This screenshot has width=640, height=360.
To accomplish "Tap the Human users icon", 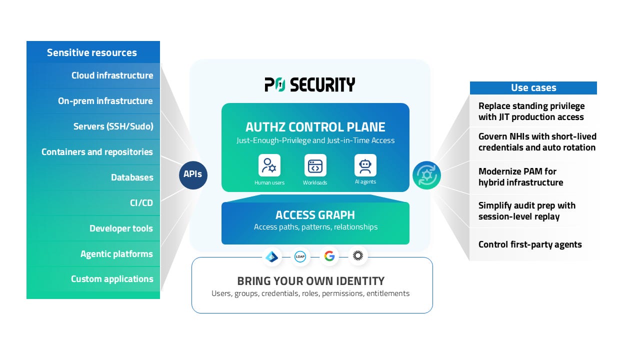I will click(x=269, y=165).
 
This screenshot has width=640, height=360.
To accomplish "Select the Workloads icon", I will click(x=315, y=165).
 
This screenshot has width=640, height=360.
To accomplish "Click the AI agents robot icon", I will click(x=365, y=165).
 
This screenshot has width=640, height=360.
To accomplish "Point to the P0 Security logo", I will click(x=310, y=84).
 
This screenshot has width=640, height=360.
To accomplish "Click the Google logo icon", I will click(x=329, y=256).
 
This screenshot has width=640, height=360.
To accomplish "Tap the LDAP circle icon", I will click(x=300, y=256).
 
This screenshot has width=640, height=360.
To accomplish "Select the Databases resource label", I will click(x=132, y=177).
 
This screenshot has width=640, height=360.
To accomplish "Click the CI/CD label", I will click(x=141, y=203).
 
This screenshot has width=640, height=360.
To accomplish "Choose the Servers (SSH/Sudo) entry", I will click(x=113, y=126).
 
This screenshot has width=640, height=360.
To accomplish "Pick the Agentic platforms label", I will click(x=116, y=254).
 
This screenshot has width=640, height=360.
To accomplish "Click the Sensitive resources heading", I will click(x=91, y=52).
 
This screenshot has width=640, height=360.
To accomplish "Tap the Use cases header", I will click(x=533, y=88).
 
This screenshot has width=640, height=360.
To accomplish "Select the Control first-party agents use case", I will click(x=530, y=244).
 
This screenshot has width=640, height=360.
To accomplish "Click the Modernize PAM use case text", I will click(x=520, y=177).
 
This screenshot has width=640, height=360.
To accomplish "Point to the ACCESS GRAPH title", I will click(x=315, y=215).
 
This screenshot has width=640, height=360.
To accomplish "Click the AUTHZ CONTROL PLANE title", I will click(x=315, y=127).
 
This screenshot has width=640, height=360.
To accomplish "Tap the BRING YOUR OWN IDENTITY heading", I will click(x=310, y=280).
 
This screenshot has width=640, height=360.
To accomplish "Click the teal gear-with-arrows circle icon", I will click(x=426, y=175).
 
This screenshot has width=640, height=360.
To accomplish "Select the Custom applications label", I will click(x=112, y=279).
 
